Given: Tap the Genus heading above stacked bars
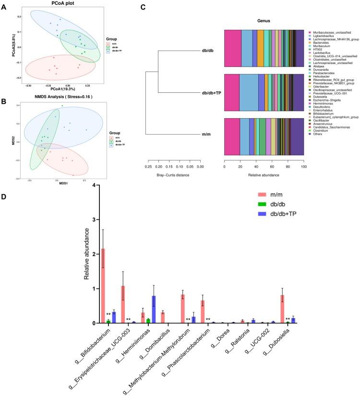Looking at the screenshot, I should click(x=264, y=21).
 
